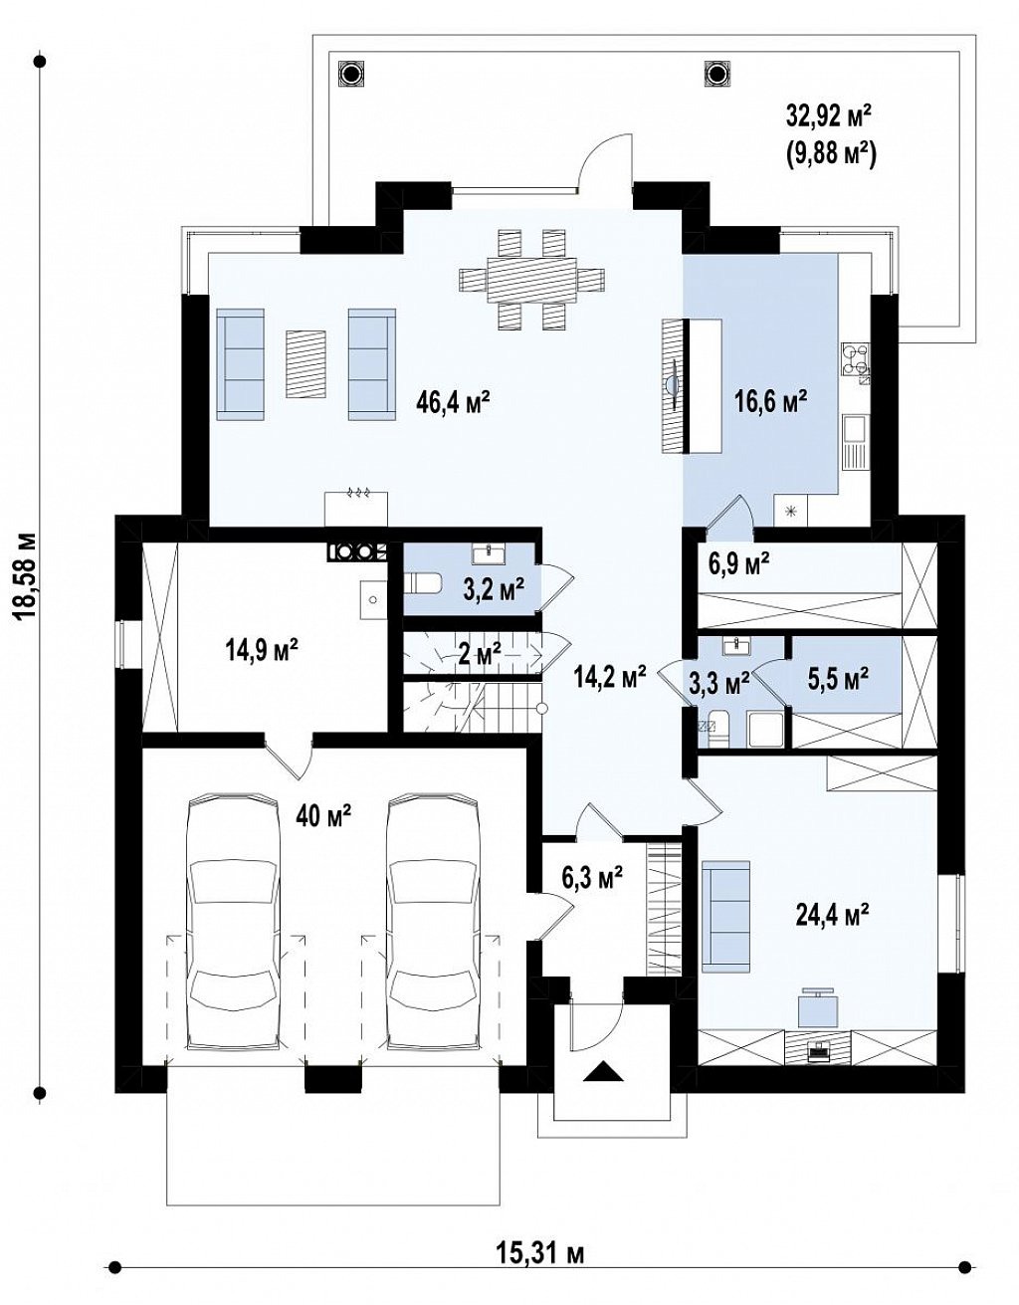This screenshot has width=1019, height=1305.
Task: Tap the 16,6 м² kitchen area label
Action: click(x=771, y=401)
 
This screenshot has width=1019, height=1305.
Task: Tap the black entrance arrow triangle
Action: click(x=603, y=1068)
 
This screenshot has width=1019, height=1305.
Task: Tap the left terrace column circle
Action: click(x=350, y=74)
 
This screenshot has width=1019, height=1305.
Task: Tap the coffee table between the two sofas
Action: click(x=306, y=363)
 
